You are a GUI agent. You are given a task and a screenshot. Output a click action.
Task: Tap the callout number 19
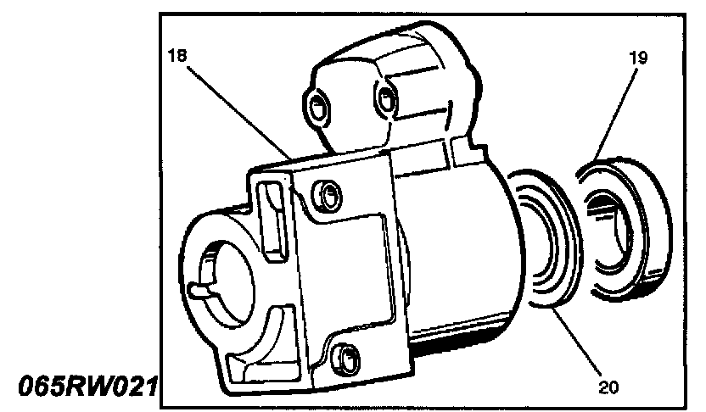coord(638,58)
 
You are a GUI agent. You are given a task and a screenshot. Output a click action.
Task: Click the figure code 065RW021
coord(81,386)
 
